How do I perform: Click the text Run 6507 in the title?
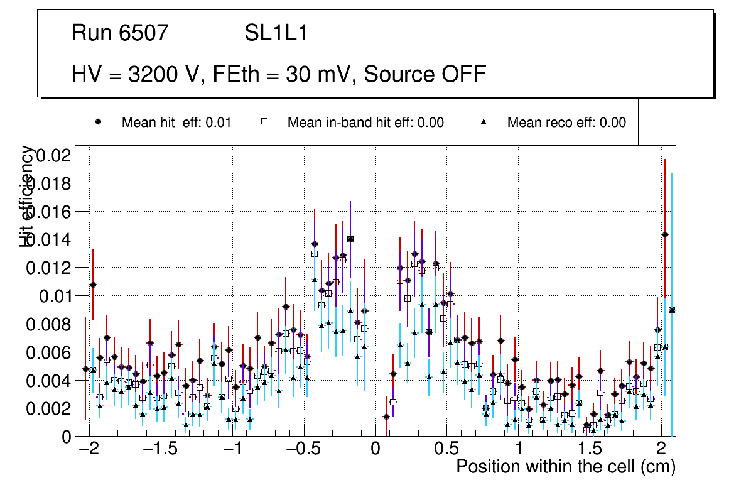[120, 33]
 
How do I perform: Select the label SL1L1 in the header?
[276, 33]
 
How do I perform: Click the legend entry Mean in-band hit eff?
[365, 123]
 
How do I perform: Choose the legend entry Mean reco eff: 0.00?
[566, 123]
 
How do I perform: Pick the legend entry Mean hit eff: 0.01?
[176, 123]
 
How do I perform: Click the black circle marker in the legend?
[98, 122]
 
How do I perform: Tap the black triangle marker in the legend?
[484, 122]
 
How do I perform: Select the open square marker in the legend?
[265, 122]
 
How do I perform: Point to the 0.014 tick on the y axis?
[50, 239]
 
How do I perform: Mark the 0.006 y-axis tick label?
[50, 352]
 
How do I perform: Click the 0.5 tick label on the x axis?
[446, 450]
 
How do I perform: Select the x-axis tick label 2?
[661, 450]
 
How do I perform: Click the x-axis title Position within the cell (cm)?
[566, 467]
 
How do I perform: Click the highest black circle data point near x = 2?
[665, 234]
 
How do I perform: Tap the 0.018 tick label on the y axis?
[50, 183]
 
